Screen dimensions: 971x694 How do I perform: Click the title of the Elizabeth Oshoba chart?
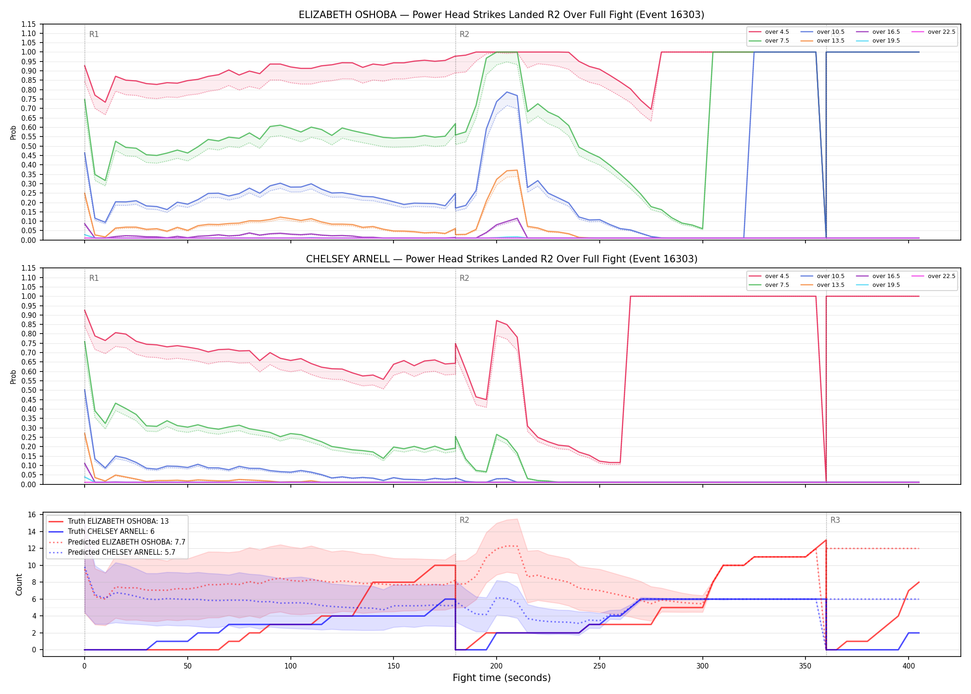coord(501,15)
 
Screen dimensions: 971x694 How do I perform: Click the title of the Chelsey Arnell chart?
coord(501,259)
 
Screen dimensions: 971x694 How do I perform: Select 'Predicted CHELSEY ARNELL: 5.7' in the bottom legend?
coord(117,552)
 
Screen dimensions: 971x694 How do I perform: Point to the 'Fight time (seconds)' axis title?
coord(502,678)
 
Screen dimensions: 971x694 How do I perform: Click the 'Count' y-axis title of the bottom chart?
coord(19,584)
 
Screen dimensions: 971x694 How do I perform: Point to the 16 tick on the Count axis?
coord(32,515)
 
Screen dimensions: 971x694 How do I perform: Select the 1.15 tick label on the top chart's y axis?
coord(28,24)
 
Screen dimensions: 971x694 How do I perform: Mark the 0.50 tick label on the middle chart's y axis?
coord(28,390)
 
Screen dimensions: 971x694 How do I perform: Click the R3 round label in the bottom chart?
coord(835,520)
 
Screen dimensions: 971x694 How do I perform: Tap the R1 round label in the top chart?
coord(94,34)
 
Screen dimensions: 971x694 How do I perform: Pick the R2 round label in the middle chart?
coord(464,278)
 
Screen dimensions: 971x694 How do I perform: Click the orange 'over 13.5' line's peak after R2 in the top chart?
coord(516,170)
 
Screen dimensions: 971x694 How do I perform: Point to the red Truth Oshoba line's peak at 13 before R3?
coord(826,540)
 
